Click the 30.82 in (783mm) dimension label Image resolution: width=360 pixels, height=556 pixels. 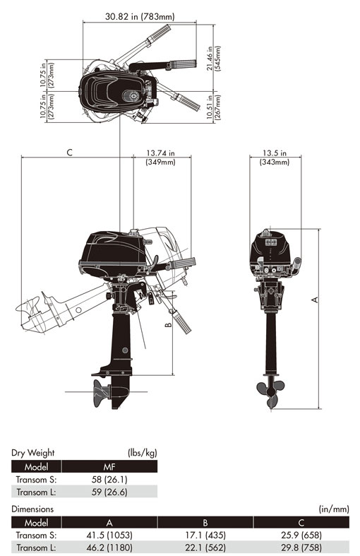140,16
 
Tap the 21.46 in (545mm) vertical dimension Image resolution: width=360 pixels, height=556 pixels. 213,59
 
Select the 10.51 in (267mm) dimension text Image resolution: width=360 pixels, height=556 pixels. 213,107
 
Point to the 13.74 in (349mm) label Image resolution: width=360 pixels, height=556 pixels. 160,158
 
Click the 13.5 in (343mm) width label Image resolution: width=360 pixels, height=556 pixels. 275,158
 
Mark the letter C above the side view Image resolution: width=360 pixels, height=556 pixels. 69,153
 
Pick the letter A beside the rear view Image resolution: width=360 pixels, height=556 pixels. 314,300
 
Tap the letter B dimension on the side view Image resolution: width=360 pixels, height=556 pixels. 169,325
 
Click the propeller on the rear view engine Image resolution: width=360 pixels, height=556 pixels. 271,393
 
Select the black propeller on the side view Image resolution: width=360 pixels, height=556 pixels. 101,393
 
